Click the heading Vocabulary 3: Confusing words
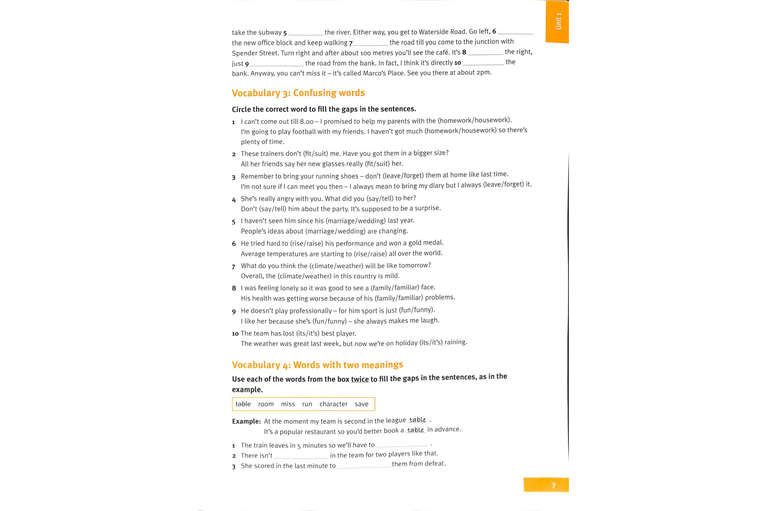[298, 93]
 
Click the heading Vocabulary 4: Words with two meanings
[317, 365]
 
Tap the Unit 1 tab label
[558, 21]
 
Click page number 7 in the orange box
[554, 485]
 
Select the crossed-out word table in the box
[243, 404]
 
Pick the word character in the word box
[333, 404]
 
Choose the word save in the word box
[361, 404]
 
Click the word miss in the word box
[288, 404]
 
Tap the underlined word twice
[360, 379]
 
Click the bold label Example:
[246, 421]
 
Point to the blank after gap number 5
[306, 33]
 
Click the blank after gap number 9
[277, 64]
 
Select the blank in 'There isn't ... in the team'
[301, 456]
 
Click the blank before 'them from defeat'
[363, 466]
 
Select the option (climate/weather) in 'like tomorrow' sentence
[336, 266]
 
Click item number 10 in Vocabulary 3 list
[235, 333]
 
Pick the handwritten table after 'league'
[418, 420]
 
